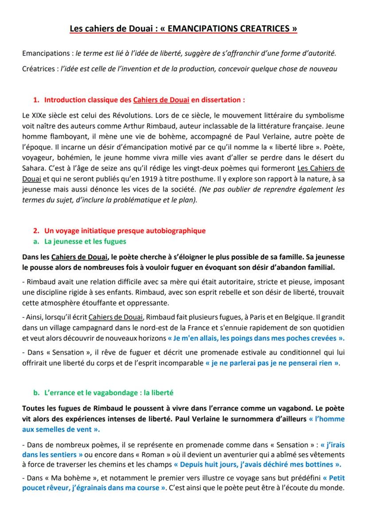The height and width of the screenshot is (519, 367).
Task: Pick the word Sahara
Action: click(x=33, y=168)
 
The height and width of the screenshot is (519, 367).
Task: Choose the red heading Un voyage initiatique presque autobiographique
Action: click(x=125, y=230)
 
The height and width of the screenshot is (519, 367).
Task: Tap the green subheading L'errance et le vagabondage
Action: click(x=104, y=393)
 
